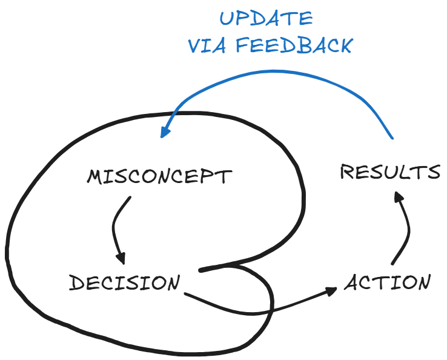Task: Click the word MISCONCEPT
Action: tap(159, 177)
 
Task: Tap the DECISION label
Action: tap(124, 283)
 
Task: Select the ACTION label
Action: tap(388, 282)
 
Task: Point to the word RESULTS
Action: tap(390, 172)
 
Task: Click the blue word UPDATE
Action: tap(266, 18)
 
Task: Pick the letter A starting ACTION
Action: tap(353, 283)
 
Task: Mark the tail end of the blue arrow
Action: tap(392, 137)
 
